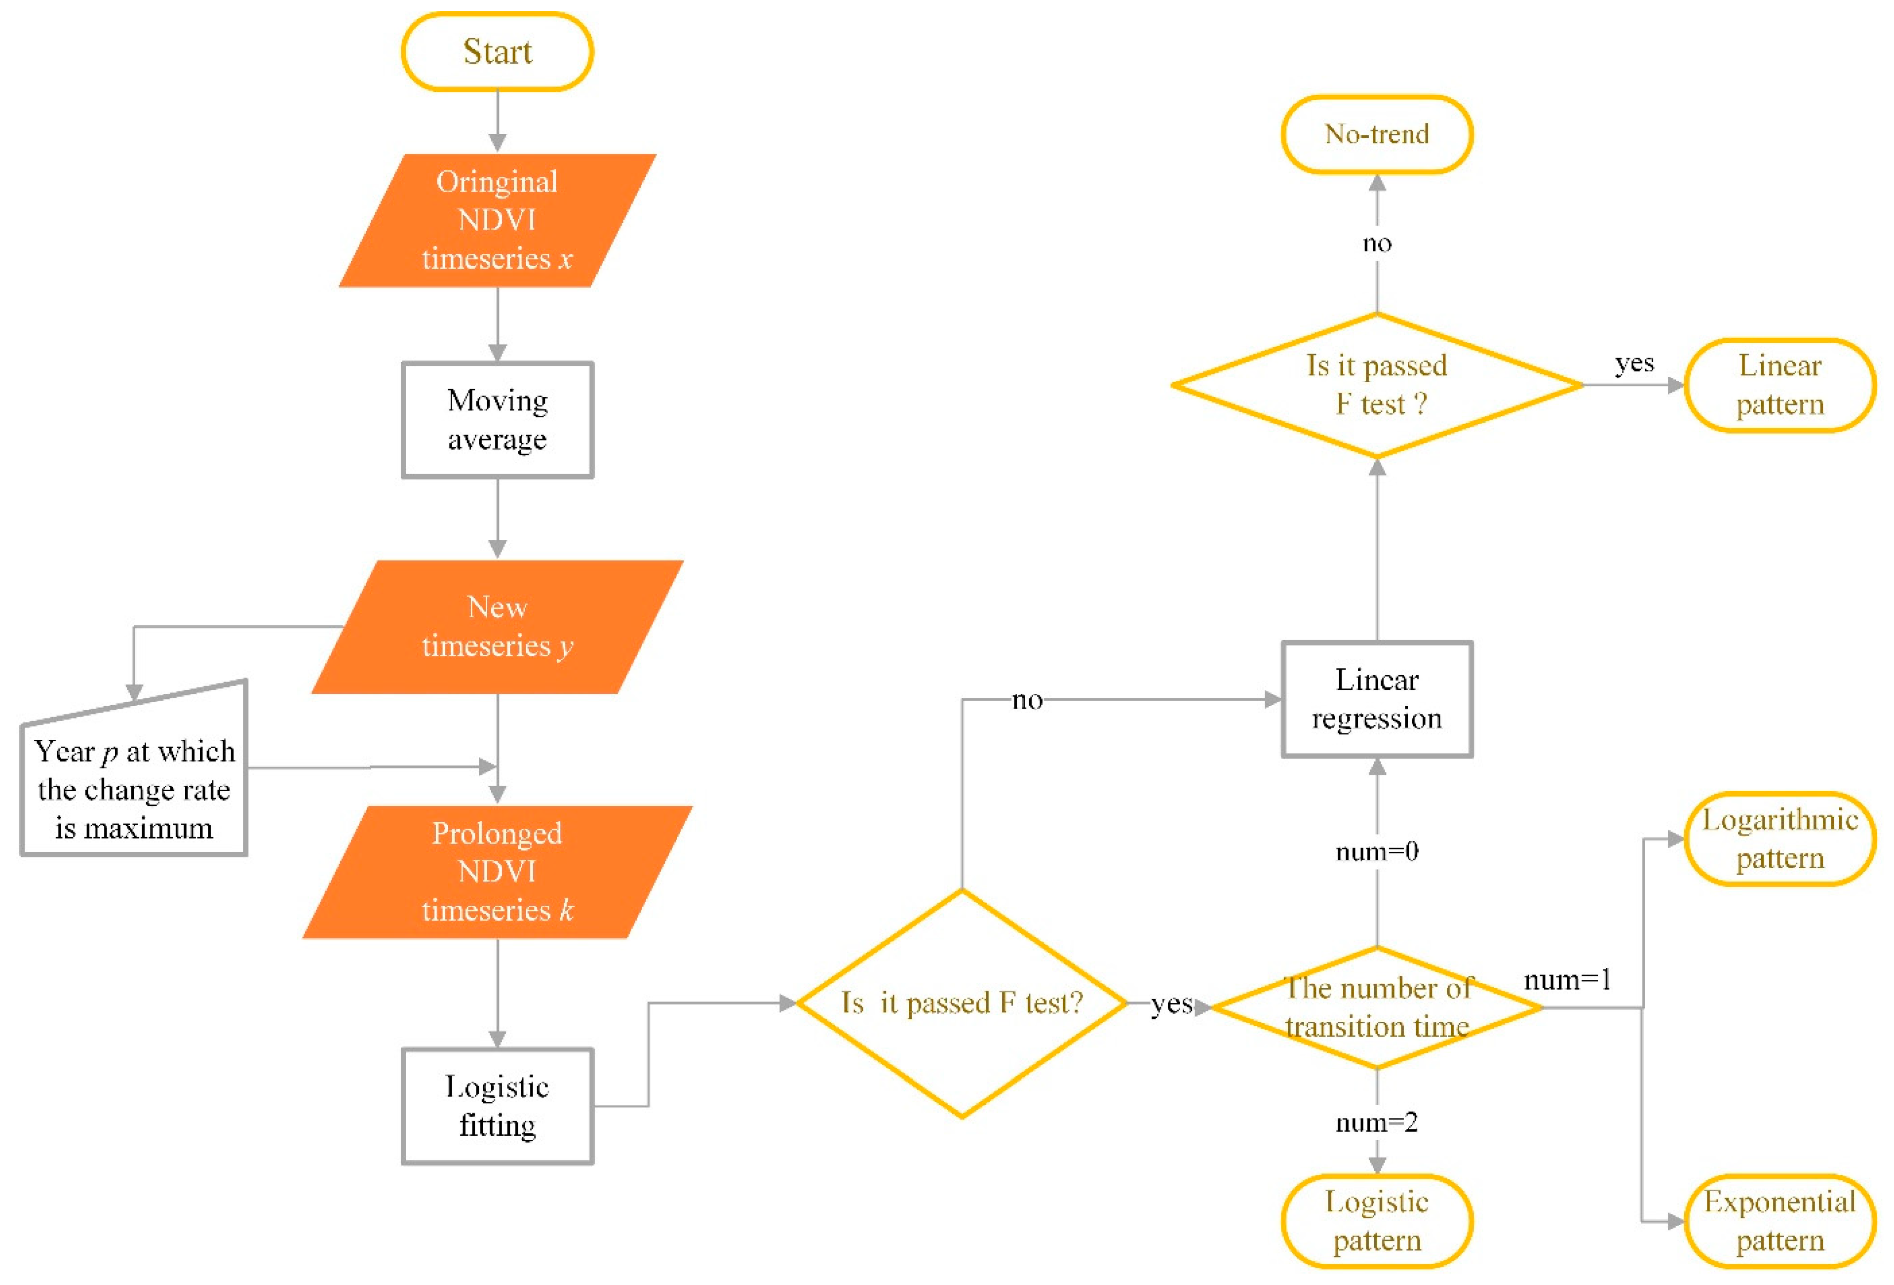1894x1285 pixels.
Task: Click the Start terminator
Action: point(497,51)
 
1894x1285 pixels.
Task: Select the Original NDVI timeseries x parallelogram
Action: point(497,220)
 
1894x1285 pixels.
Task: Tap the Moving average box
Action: point(497,420)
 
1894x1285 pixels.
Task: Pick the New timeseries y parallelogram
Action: point(497,626)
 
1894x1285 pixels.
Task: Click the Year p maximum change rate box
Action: point(134,787)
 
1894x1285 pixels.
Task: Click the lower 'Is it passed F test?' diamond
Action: point(962,1003)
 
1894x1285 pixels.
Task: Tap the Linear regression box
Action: point(1377,699)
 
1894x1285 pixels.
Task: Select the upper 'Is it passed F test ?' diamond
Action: point(1377,384)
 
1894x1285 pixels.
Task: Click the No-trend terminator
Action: point(1377,134)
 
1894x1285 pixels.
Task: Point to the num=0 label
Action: point(1377,851)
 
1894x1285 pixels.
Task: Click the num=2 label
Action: point(1377,1122)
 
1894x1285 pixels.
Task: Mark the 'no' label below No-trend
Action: point(1377,243)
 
